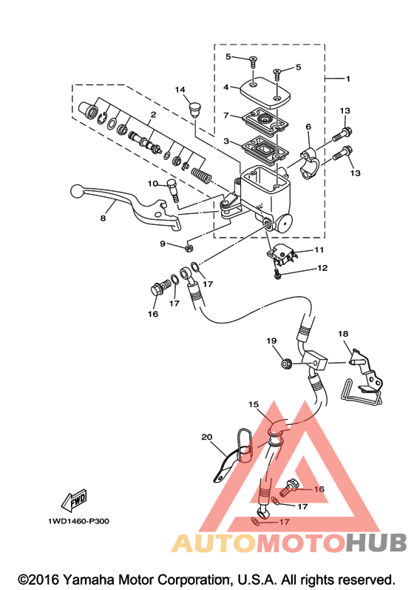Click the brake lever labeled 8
124,205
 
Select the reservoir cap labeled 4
264,91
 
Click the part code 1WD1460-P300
78,521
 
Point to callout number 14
180,90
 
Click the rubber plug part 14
194,110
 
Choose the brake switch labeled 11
282,254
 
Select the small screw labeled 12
276,275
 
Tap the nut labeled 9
190,248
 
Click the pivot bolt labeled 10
173,191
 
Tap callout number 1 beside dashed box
348,78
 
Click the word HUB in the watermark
377,542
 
